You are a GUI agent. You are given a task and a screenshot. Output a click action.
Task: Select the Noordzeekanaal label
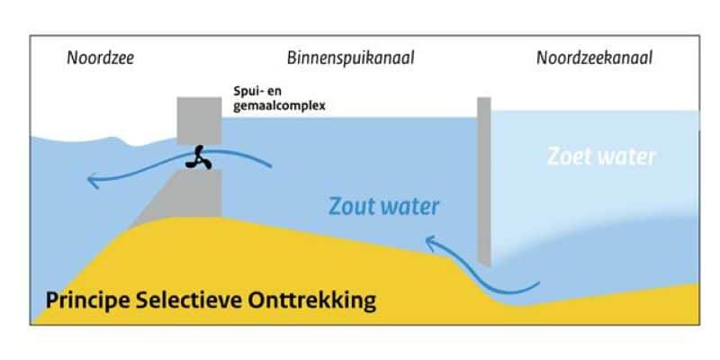pos(594,59)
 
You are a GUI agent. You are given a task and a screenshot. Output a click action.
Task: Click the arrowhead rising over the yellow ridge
pos(431,241)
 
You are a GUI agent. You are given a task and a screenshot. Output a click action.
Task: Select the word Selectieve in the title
pos(203,300)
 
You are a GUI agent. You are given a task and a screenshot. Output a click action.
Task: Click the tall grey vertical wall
pos(483,180)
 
